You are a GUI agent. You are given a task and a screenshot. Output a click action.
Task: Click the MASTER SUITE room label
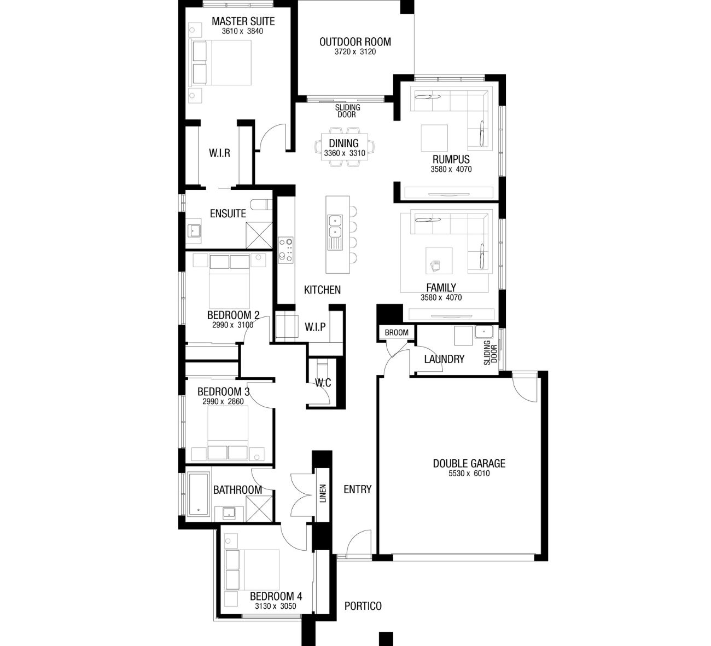pos(243,21)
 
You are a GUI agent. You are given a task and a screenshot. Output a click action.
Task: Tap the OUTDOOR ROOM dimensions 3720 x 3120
pos(355,52)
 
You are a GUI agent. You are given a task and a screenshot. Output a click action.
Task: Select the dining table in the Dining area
pos(344,147)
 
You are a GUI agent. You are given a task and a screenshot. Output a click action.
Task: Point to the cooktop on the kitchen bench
pos(285,250)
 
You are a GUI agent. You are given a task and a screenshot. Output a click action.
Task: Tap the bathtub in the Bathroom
pos(199,494)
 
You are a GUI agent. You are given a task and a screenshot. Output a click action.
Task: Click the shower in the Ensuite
pos(259,235)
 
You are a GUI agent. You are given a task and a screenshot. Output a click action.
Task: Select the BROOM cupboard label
pos(397,333)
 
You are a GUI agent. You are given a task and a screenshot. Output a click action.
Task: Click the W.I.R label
pos(219,153)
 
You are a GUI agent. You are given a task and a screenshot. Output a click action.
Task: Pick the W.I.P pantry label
pos(315,327)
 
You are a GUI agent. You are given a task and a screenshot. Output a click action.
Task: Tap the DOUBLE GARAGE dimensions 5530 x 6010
pos(469,473)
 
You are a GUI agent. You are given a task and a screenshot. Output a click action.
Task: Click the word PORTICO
pos(363,606)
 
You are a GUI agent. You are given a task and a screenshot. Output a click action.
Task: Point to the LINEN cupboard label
pos(323,493)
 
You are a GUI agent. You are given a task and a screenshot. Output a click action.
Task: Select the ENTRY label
pos(357,489)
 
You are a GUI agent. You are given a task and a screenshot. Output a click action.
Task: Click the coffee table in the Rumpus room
pos(434,138)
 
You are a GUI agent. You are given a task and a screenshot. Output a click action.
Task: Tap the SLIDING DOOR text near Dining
pos(347,111)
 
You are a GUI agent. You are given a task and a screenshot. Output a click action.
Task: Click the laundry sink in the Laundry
pos(484,332)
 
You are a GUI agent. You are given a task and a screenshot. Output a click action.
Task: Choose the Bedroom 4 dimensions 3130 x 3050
pos(276,606)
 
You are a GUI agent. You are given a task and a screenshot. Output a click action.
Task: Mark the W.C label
pos(323,383)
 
